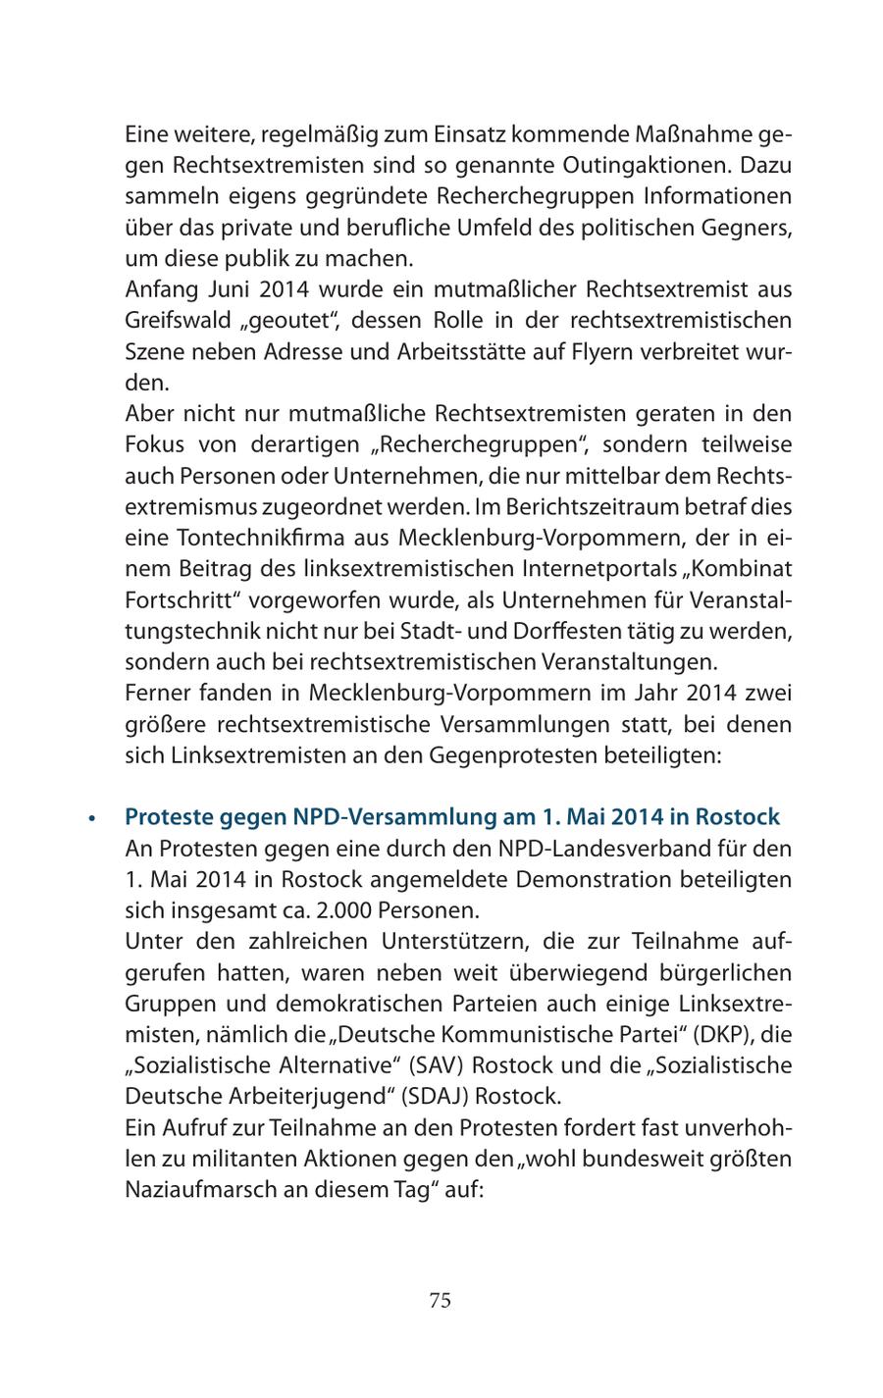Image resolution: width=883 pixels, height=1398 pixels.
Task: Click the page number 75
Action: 440,1301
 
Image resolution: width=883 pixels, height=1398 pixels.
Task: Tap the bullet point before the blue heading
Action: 91,818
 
